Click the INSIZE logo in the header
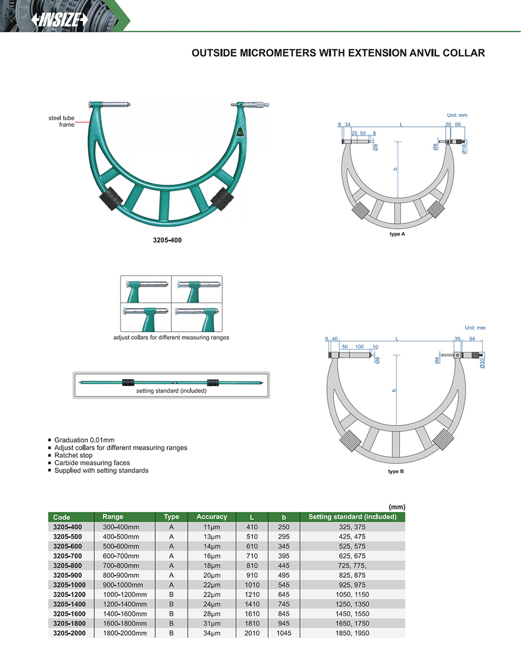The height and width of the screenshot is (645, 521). (x=60, y=19)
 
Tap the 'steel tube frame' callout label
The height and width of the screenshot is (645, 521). (x=61, y=122)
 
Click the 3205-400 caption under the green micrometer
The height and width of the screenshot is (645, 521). (x=167, y=240)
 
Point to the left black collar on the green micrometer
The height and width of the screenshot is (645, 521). (x=111, y=198)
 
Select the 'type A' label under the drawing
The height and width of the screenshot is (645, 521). (x=397, y=234)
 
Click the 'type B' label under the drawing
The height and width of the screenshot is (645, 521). (x=395, y=471)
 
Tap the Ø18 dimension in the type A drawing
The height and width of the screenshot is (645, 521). (x=464, y=149)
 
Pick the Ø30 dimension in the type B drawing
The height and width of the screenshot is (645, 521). (x=482, y=363)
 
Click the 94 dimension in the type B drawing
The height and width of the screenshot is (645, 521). (x=472, y=339)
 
